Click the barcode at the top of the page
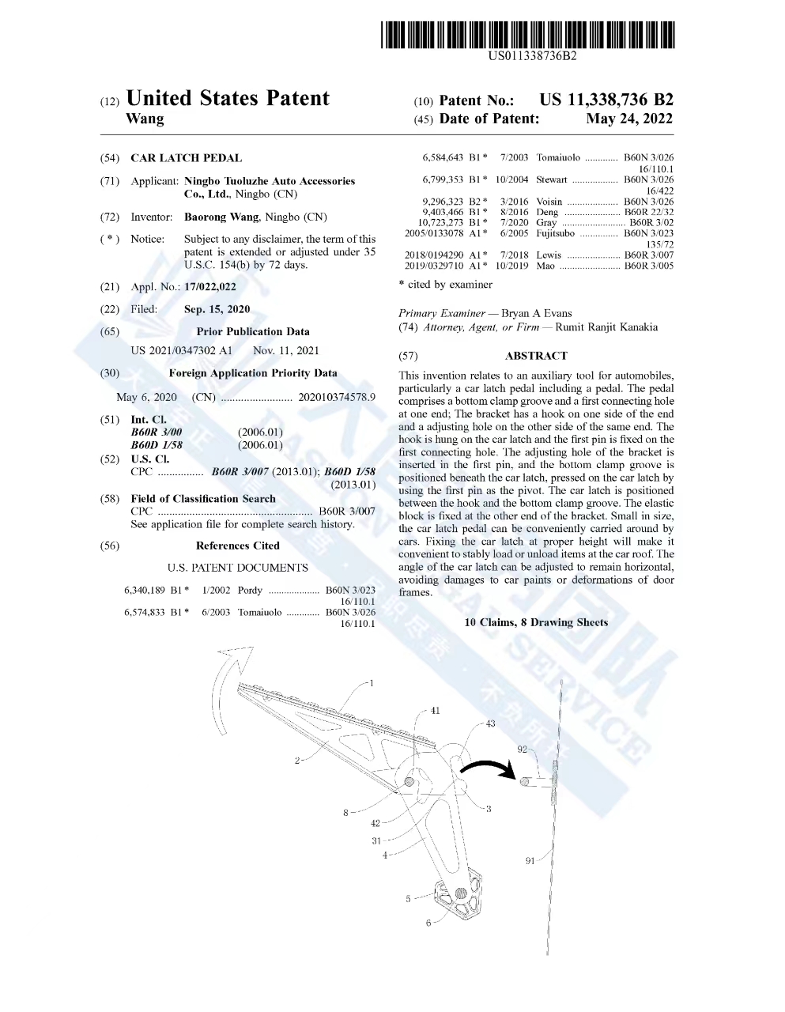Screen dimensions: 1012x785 coord(527,36)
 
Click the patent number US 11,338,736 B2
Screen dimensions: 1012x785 coord(606,100)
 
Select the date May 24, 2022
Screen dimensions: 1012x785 coord(629,119)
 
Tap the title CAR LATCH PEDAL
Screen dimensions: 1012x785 coord(187,158)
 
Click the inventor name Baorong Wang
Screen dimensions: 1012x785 coord(221,217)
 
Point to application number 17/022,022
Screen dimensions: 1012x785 coord(210,287)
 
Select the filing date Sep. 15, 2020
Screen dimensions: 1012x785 coord(217,310)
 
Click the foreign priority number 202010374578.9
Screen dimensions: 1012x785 coord(337,398)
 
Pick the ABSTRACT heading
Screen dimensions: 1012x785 coord(536,356)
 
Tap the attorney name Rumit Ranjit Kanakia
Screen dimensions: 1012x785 coord(606,327)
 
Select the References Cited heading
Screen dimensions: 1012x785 coord(238,546)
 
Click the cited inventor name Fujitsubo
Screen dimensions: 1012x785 coord(555,234)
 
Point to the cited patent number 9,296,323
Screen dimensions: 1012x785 coord(443,202)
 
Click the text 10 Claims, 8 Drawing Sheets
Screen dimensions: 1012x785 coord(536,623)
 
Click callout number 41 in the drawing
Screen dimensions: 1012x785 coord(435,711)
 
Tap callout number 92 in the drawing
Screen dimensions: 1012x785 coord(523,750)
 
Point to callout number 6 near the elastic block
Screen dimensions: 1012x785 coord(428,923)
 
